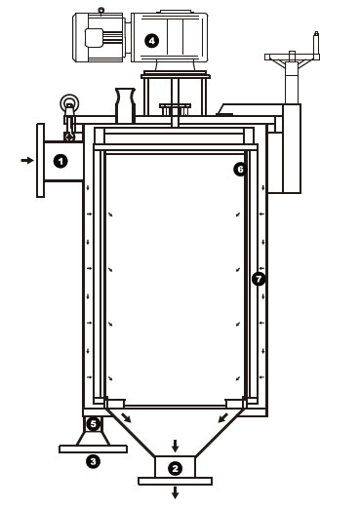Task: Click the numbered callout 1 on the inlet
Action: [60, 161]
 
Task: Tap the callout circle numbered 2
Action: [175, 469]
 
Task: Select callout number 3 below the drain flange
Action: [93, 461]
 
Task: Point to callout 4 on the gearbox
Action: [151, 41]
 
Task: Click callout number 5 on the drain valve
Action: [94, 424]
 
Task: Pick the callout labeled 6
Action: [240, 169]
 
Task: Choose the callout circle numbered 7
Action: [259, 279]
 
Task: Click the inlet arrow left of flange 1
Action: [27, 160]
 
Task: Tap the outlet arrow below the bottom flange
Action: [176, 492]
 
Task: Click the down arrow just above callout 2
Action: [176, 446]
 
